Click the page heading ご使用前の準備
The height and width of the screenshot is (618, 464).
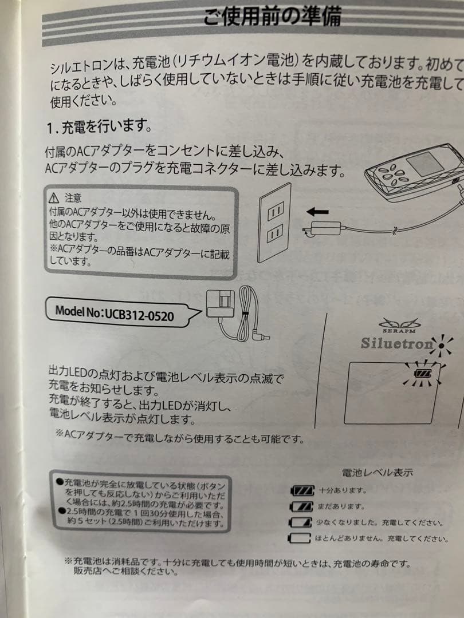point(272,15)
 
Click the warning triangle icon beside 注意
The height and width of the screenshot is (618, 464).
point(54,198)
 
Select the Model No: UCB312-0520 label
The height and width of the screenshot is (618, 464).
point(114,312)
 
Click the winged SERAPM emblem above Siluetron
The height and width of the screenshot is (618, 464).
point(400,324)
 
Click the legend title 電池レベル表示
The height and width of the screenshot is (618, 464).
point(377,473)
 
